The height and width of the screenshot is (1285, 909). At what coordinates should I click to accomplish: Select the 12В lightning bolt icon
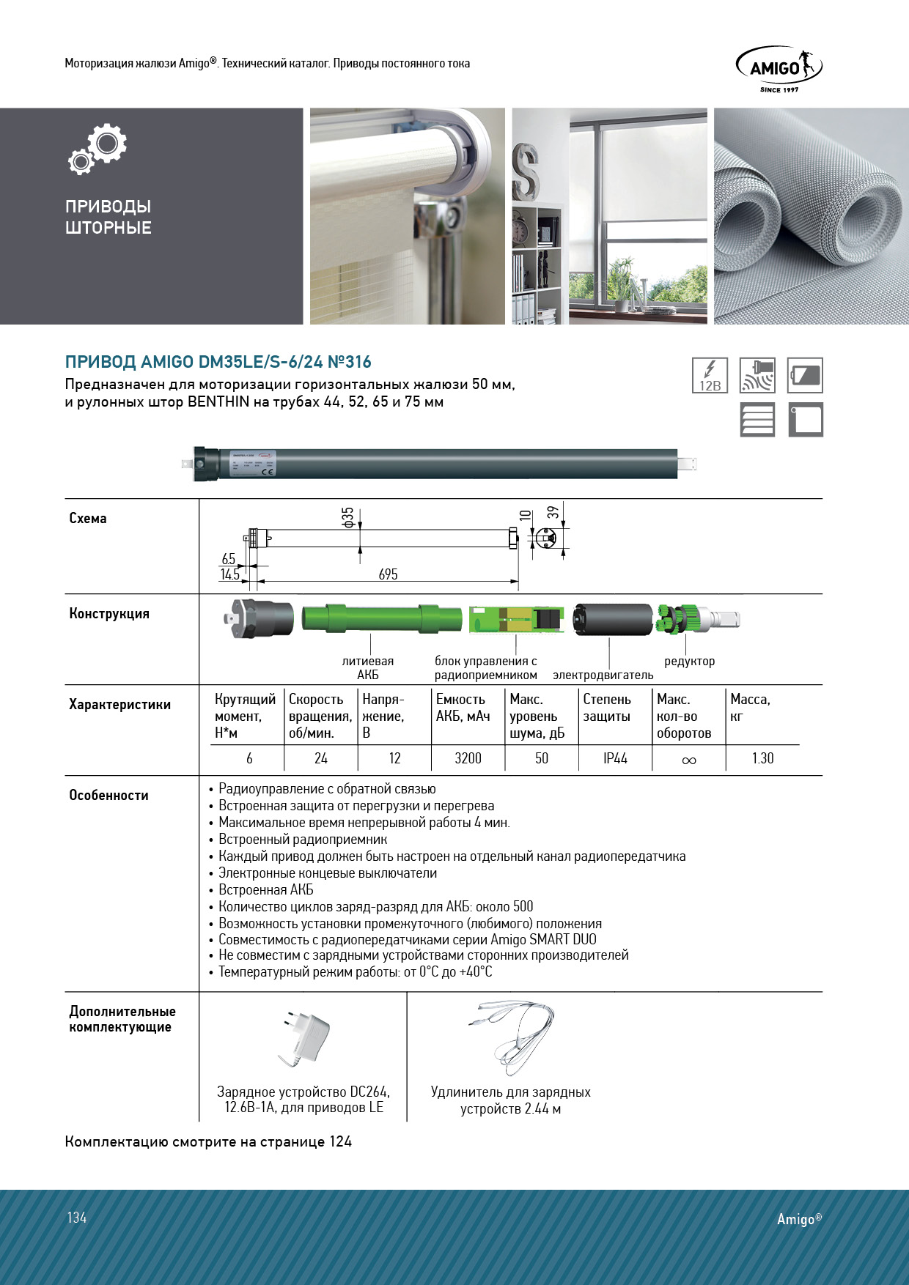click(710, 375)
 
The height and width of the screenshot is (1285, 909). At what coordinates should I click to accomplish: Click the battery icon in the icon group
click(805, 375)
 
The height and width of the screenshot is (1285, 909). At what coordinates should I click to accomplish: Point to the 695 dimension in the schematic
click(388, 574)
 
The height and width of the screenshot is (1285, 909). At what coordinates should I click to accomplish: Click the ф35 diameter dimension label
click(348, 516)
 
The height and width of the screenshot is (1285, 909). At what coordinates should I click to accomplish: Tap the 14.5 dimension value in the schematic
click(229, 574)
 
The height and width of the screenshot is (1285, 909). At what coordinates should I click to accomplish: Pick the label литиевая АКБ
click(368, 667)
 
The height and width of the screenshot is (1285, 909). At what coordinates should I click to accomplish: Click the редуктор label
click(689, 662)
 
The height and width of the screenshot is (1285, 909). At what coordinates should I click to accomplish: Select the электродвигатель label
click(603, 675)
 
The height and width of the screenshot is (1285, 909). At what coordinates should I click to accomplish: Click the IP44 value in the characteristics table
click(615, 758)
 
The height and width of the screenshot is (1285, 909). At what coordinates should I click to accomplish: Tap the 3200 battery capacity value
click(468, 758)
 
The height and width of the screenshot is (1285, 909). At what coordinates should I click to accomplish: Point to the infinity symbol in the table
click(688, 760)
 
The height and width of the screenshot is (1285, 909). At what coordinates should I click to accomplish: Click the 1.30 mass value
click(762, 758)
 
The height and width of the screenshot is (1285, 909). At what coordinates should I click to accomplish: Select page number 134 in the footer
click(77, 1218)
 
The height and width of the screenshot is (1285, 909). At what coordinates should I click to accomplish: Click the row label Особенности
click(108, 796)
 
